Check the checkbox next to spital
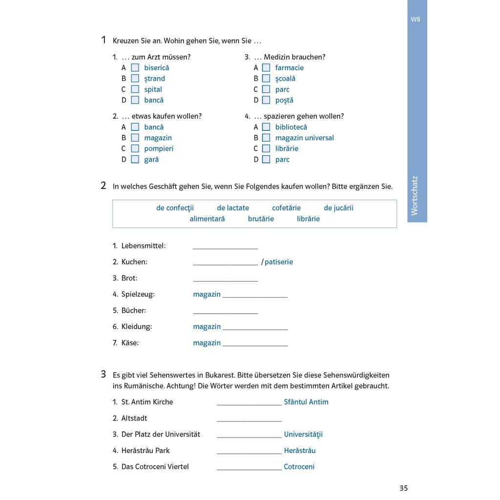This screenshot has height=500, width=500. click(135, 89)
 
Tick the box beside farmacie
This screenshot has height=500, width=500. click(266, 68)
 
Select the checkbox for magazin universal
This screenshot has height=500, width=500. click(266, 138)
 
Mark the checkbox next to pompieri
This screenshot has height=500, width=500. click(135, 148)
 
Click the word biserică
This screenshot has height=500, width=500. click(156, 68)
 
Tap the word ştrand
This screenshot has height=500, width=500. click(154, 79)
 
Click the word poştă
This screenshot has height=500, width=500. click(284, 100)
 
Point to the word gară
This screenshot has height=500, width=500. click(151, 159)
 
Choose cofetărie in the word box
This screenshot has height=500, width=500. click(286, 208)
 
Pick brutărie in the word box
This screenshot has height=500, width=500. click(261, 219)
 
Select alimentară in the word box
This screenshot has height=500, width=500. click(207, 219)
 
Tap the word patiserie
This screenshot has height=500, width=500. click(279, 262)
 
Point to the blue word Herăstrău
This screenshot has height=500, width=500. click(300, 450)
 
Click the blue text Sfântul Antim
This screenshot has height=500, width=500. click(306, 402)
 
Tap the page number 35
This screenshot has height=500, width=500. click(403, 488)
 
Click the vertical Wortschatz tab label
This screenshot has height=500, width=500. click(415, 195)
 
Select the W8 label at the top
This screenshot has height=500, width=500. click(416, 20)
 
